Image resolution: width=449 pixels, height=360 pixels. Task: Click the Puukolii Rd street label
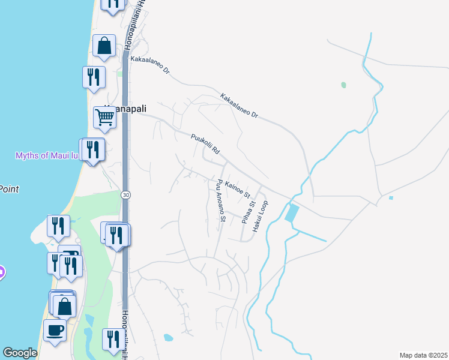click(206, 144)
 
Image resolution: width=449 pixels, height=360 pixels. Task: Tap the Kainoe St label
click(237, 188)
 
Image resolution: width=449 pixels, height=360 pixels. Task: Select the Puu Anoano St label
click(220, 201)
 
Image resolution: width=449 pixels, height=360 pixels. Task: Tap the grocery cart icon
click(104, 118)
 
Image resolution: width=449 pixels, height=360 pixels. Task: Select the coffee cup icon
click(55, 331)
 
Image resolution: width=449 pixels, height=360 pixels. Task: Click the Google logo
click(20, 353)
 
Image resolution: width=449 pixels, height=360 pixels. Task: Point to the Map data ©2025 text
click(423, 355)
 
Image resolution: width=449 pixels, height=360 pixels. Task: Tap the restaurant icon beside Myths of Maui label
click(92, 149)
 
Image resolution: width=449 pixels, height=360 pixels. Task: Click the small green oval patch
click(343, 85)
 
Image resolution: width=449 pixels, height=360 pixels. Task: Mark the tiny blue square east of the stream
click(391, 198)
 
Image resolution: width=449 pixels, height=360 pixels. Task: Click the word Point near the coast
click(8, 189)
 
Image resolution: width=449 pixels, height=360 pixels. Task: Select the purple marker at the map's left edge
click(1, 272)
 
